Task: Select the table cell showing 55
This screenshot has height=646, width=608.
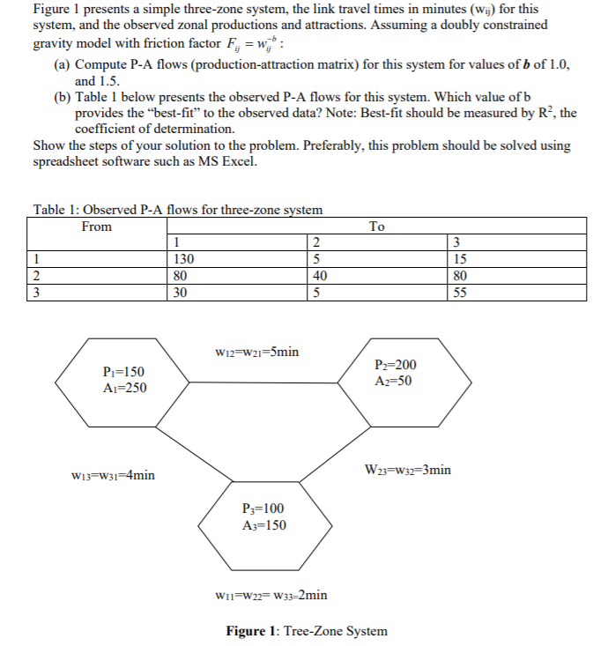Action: click(458, 293)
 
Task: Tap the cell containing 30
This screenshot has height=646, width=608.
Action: click(182, 293)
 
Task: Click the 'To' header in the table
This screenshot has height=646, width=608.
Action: click(376, 226)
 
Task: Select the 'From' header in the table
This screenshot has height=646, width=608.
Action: click(97, 226)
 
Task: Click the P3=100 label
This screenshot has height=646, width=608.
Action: click(263, 509)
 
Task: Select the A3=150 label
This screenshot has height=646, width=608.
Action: click(263, 525)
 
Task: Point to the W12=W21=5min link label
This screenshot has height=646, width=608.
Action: click(256, 352)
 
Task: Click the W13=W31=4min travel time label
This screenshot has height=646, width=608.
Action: click(113, 476)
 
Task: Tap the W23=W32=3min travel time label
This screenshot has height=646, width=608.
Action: click(407, 470)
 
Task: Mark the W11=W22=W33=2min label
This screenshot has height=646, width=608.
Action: click(271, 594)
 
